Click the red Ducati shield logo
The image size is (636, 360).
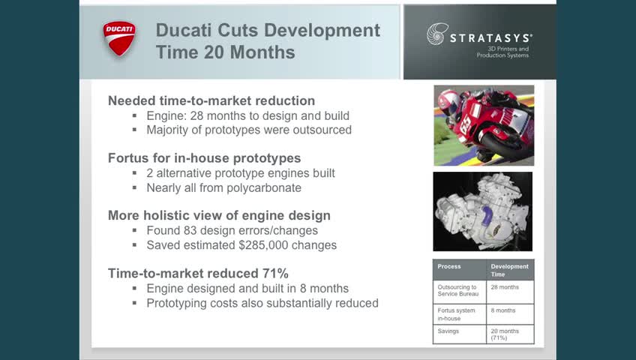click(119, 38)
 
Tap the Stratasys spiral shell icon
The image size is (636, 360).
click(437, 34)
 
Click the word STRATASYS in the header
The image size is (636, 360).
click(491, 38)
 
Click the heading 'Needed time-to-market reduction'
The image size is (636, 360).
click(211, 100)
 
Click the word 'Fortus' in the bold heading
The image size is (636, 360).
click(128, 158)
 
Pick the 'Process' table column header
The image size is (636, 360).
click(449, 266)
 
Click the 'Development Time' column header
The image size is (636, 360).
click(509, 271)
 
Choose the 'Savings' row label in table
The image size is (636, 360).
click(448, 331)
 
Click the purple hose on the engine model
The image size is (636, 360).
click(486, 216)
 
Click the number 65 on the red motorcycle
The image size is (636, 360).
click(466, 124)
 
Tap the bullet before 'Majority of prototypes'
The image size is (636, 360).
click(135, 130)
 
